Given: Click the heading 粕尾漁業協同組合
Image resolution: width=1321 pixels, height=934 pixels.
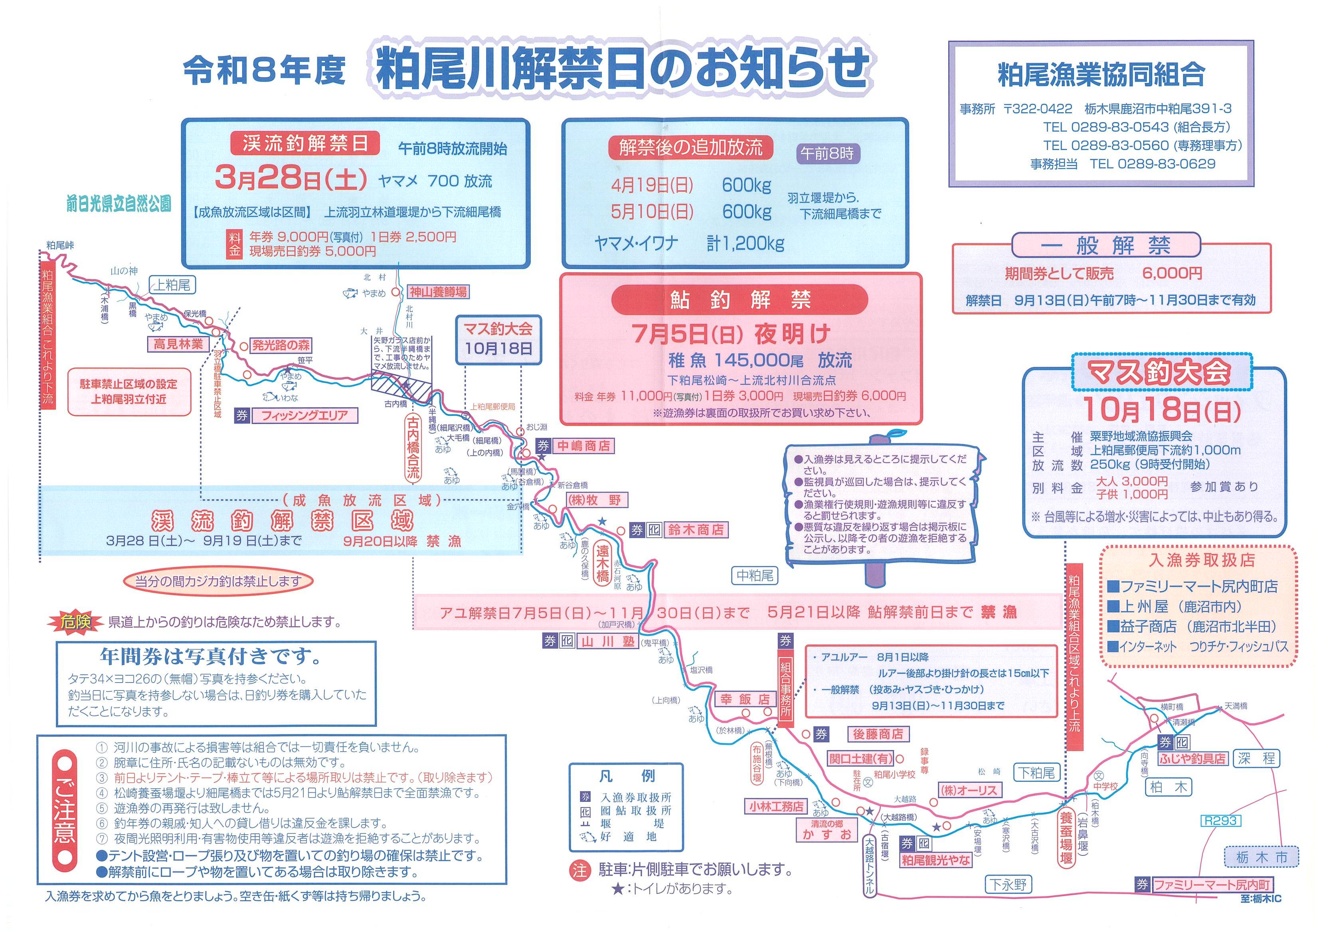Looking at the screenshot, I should [1101, 75].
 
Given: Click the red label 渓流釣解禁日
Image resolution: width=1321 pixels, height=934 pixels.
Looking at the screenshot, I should [305, 143].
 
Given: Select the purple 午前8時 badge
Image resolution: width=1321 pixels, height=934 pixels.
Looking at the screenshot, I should [827, 153].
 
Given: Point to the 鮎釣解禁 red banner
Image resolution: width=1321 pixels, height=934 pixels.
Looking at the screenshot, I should [740, 300].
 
